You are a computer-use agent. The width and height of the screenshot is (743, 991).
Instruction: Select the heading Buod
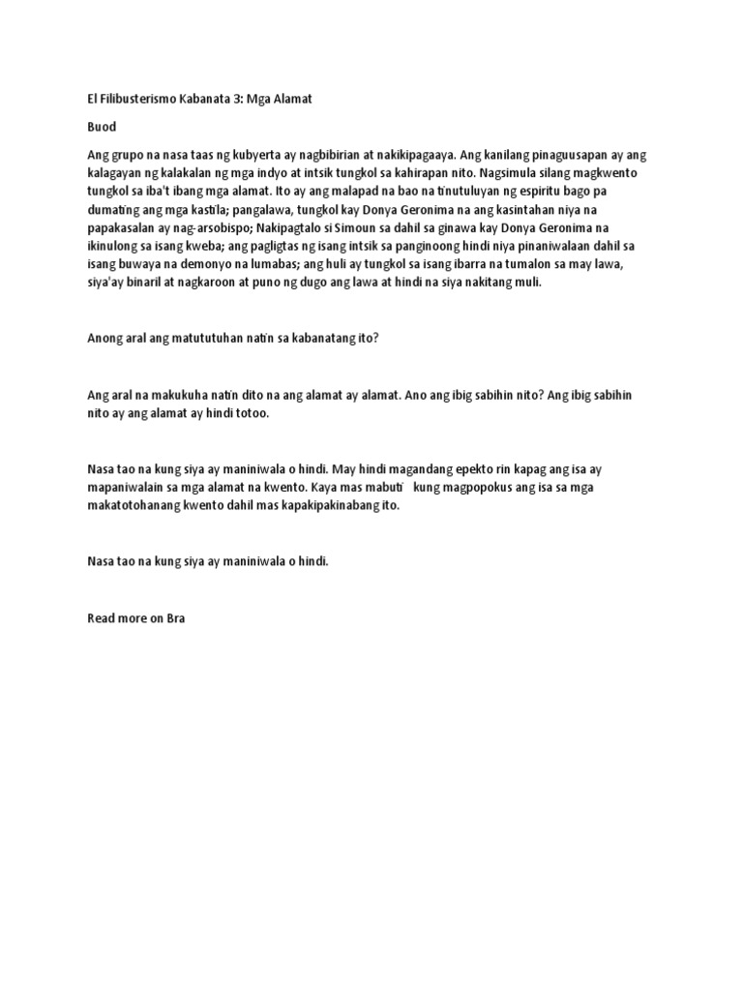pos(102,127)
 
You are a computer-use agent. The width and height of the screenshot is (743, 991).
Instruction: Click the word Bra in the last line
pos(175,616)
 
